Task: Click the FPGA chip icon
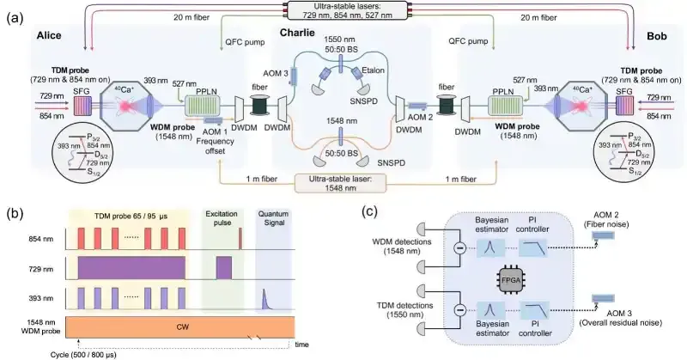coord(510,279)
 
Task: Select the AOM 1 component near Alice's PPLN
coord(213,121)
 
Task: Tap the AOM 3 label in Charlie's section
coord(276,73)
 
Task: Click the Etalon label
coord(373,70)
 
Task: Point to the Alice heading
coord(49,35)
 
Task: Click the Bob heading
coord(657,36)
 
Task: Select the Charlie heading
coord(297,33)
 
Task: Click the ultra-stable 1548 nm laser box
coord(341,183)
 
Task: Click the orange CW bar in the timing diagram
coord(180,327)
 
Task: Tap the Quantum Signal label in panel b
coord(273,218)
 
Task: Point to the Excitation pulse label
coord(222,218)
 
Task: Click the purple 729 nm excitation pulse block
coord(224,268)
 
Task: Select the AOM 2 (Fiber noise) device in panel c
coord(604,235)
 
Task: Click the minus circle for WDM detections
coord(459,248)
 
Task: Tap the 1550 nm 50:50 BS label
coord(341,45)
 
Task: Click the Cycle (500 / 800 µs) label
coord(83,355)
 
